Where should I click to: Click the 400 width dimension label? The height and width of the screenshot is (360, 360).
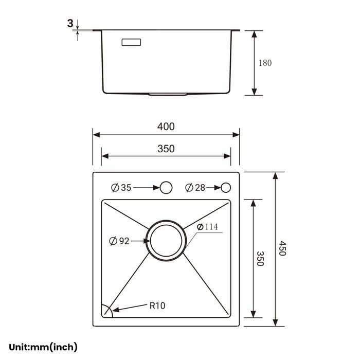point(166,127)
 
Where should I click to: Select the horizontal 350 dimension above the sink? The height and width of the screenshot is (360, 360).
point(166,149)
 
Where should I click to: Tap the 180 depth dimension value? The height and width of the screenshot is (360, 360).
point(265,63)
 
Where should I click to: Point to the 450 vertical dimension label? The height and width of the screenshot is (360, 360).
point(282,248)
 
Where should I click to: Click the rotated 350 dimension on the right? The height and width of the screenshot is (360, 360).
point(260,259)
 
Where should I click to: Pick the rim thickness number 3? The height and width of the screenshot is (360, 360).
point(70,24)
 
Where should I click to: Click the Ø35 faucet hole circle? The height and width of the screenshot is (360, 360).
point(166,188)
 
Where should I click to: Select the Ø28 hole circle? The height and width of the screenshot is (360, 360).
point(226,188)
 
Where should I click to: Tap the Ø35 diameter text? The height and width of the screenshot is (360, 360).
point(121,188)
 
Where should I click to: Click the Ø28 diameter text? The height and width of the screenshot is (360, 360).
point(195,188)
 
